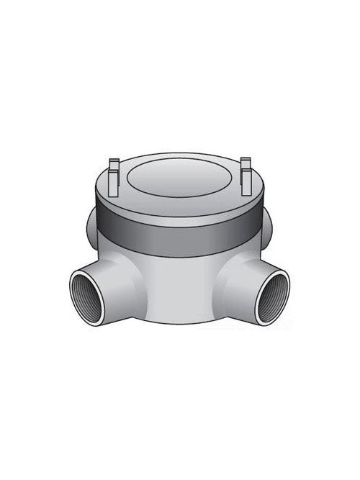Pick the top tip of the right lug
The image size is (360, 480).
coord(245,160)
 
